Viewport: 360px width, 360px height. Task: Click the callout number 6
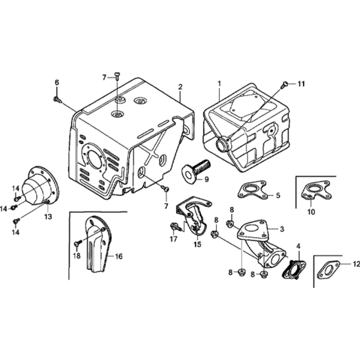tap(57, 82)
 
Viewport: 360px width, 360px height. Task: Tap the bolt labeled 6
tap(58, 99)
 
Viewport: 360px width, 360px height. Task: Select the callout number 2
tap(180, 87)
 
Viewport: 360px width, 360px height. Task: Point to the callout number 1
tap(219, 84)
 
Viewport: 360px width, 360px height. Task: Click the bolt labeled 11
tap(285, 84)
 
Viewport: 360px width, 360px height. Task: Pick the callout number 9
tap(206, 179)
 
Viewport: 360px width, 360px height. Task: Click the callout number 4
tap(298, 246)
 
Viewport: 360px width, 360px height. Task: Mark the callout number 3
tap(282, 229)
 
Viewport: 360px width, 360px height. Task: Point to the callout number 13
tap(48, 217)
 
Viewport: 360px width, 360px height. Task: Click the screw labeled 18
tap(78, 242)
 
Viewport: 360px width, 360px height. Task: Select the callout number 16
tap(119, 256)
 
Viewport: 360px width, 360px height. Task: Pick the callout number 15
tap(197, 244)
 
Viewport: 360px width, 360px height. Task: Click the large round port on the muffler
tap(223, 144)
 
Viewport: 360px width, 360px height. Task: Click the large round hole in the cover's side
tap(95, 157)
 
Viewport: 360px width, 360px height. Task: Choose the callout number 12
tap(357, 264)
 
